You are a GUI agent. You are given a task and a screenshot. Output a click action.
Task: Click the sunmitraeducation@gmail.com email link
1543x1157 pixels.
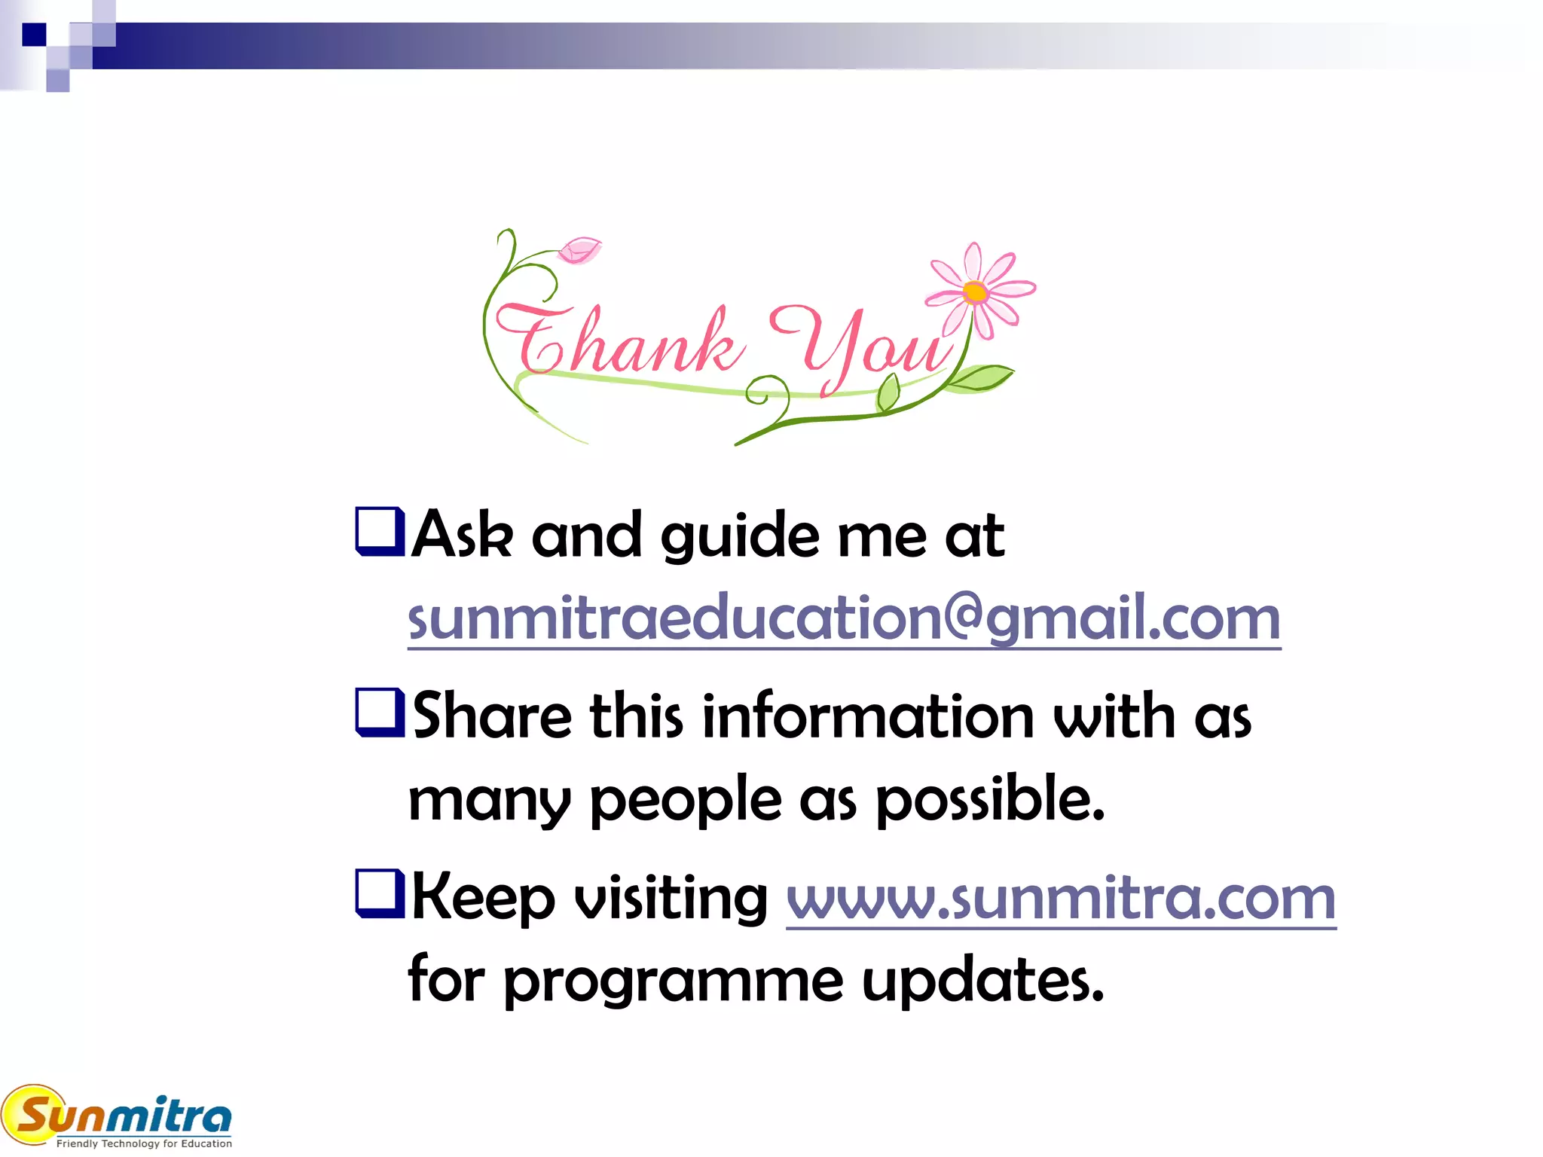tap(844, 618)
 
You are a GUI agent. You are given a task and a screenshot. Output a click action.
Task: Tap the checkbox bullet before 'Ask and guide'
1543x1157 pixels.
tap(379, 532)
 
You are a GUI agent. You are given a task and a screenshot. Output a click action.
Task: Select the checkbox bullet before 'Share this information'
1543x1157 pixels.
tap(379, 713)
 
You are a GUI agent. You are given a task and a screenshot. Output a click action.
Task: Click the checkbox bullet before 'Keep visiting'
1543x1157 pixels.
tap(379, 894)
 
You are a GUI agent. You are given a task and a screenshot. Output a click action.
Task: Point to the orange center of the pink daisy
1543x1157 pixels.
tap(975, 292)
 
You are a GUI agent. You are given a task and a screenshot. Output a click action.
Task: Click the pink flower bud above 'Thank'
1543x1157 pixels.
tap(579, 250)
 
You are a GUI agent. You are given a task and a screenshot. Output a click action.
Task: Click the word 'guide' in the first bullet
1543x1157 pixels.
tap(740, 536)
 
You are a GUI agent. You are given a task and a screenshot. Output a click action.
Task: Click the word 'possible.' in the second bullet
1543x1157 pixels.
tap(990, 800)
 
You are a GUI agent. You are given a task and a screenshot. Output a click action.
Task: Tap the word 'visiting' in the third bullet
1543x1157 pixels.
tap(671, 899)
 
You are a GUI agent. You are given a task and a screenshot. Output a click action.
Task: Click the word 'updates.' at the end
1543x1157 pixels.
tap(982, 981)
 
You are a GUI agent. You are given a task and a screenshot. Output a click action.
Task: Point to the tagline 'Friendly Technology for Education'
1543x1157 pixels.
tap(144, 1143)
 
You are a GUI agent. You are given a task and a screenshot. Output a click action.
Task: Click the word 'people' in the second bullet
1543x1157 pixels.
tap(686, 800)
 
